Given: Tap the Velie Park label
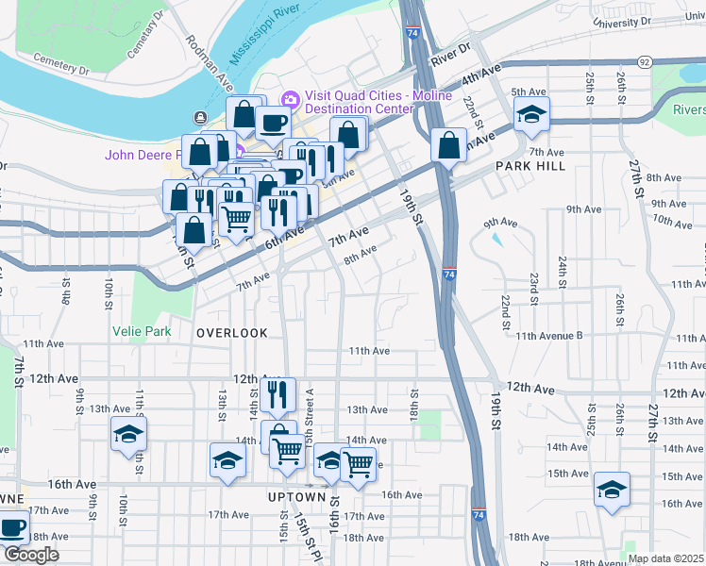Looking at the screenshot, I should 140,331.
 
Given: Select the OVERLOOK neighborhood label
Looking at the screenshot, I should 232,333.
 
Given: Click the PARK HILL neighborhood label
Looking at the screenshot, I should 530,166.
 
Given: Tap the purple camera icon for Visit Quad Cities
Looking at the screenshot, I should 290,98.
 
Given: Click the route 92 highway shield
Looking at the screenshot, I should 644,61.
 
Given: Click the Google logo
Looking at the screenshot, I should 31,555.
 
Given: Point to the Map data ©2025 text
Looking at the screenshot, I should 665,558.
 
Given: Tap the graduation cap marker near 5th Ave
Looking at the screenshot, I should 531,116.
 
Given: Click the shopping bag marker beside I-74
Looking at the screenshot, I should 448,145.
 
